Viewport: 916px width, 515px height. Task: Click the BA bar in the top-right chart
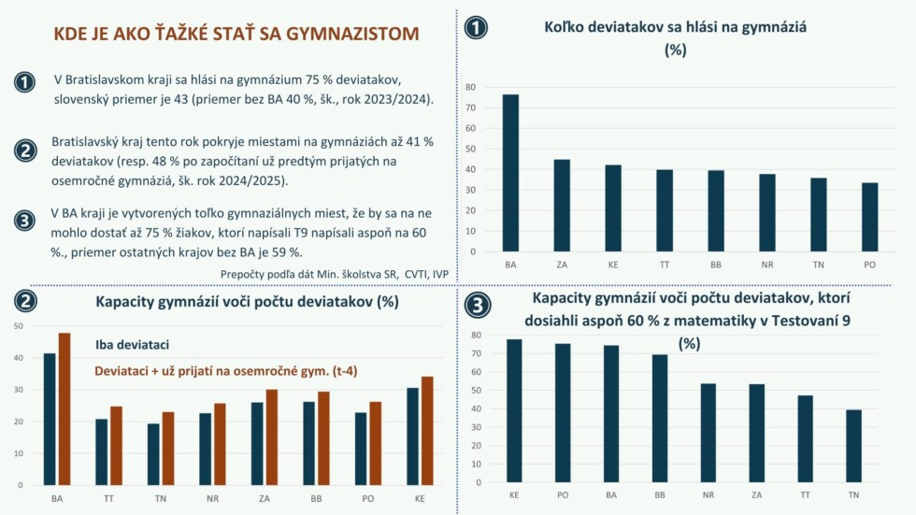point(510,173)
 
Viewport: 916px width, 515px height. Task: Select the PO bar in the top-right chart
point(869,217)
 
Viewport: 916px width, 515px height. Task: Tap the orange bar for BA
point(64,408)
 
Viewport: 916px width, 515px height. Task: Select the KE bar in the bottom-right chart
point(514,411)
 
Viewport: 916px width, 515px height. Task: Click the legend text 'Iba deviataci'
point(132,345)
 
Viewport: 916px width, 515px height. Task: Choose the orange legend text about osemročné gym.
point(226,371)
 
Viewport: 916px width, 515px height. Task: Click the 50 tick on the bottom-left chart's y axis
point(19,326)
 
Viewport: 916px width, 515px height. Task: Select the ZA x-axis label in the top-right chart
point(562,265)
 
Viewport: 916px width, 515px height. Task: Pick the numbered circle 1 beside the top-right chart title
point(477,28)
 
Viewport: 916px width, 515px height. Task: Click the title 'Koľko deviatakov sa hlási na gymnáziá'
point(675,28)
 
